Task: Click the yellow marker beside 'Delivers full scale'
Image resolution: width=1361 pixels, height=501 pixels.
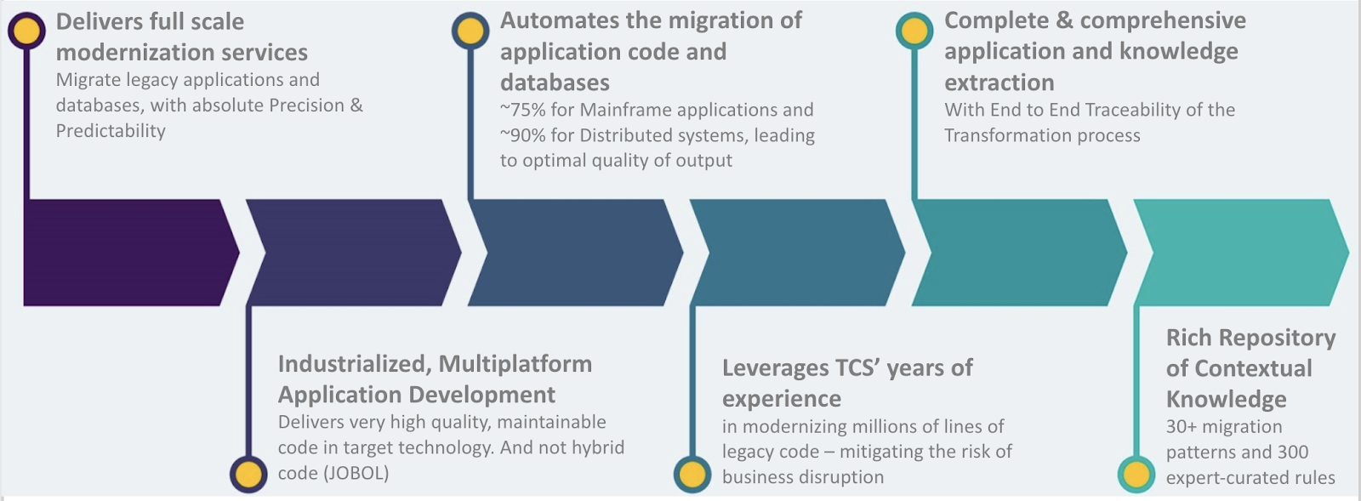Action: [x=26, y=31]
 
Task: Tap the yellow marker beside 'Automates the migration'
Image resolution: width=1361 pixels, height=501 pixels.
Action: [x=470, y=31]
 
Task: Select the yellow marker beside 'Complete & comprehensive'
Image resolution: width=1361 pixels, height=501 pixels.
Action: [x=914, y=31]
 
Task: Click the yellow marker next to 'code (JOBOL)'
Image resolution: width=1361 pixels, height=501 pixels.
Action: [x=248, y=474]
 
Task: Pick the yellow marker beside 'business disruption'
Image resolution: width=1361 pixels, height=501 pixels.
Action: [x=692, y=474]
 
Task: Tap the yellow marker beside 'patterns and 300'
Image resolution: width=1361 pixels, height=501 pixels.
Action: [x=1136, y=474]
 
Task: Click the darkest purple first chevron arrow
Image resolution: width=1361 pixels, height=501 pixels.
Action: [x=123, y=253]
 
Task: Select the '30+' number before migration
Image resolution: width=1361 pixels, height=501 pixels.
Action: [x=1181, y=426]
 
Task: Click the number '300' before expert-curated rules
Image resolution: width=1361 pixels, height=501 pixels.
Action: [x=1293, y=452]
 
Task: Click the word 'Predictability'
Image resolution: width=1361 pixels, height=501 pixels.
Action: [x=111, y=131]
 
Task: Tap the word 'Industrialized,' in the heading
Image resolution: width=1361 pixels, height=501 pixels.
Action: [x=355, y=364]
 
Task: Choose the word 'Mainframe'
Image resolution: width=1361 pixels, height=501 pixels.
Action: [x=625, y=110]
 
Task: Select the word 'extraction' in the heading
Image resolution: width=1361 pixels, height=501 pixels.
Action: [x=999, y=83]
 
